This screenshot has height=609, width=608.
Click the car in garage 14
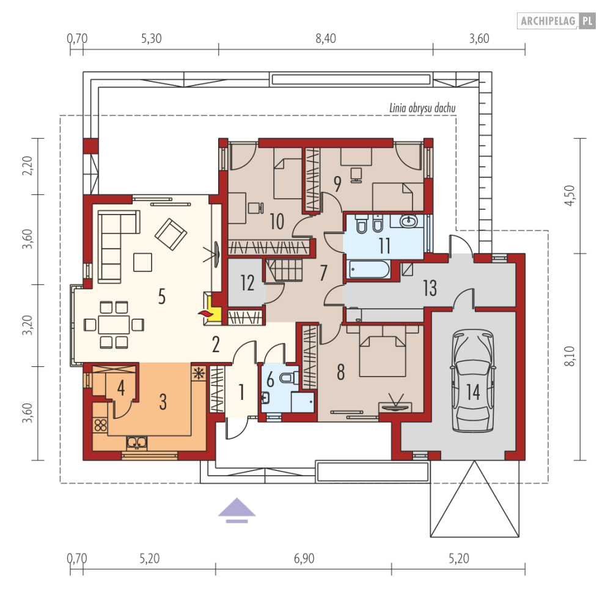(x=473, y=380)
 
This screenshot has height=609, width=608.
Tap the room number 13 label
(x=430, y=288)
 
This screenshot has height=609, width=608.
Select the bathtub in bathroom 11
(x=369, y=270)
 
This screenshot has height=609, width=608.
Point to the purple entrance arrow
(x=237, y=511)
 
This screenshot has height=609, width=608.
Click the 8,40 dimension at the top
(x=325, y=39)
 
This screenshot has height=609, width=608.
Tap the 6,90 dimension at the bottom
(x=304, y=558)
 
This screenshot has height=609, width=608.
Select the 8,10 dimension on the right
(x=569, y=356)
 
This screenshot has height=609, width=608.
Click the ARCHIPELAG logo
(x=556, y=21)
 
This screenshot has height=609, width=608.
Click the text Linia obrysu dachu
(x=422, y=108)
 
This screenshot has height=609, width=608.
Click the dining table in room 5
(x=114, y=325)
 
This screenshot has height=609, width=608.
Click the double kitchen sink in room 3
(x=137, y=442)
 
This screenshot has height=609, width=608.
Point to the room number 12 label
(x=247, y=282)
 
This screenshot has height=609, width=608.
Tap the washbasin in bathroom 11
(x=408, y=221)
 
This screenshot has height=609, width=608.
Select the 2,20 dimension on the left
(x=27, y=166)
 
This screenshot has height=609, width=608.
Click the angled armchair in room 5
(x=171, y=234)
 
